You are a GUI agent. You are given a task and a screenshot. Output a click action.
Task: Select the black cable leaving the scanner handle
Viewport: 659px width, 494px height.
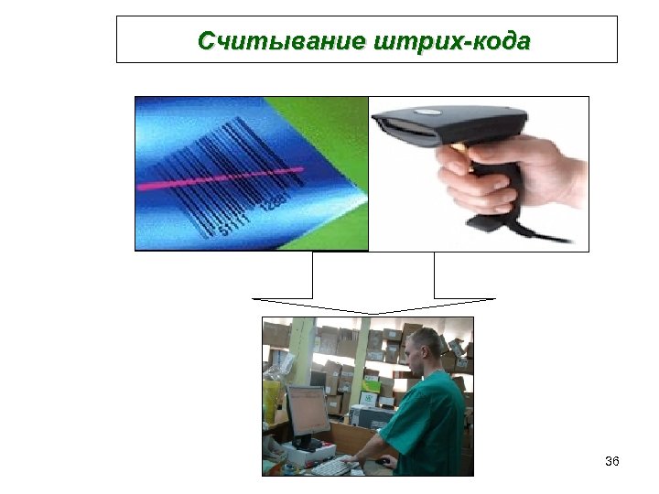[549, 236]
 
